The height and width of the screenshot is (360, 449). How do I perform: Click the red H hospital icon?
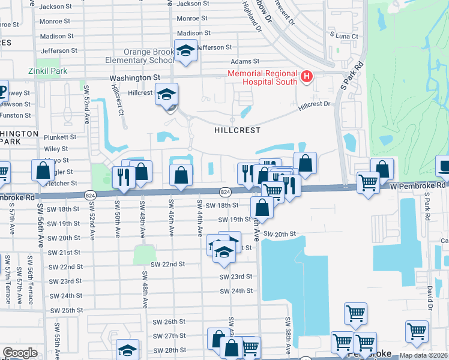pos(307,77)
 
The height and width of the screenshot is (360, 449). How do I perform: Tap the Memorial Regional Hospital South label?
pos(263,77)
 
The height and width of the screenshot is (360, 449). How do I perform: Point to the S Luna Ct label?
pos(344,37)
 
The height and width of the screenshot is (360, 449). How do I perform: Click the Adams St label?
pos(245,61)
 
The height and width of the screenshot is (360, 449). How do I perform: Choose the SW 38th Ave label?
pos(288,335)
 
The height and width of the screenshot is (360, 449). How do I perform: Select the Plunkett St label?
pos(60,137)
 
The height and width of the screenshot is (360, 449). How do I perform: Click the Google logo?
pos(20,353)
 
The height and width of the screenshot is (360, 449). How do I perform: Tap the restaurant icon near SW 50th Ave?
pos(123,178)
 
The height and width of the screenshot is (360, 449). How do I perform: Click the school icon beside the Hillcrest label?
pos(166,95)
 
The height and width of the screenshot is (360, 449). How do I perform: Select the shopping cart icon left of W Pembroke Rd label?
pos(368,182)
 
